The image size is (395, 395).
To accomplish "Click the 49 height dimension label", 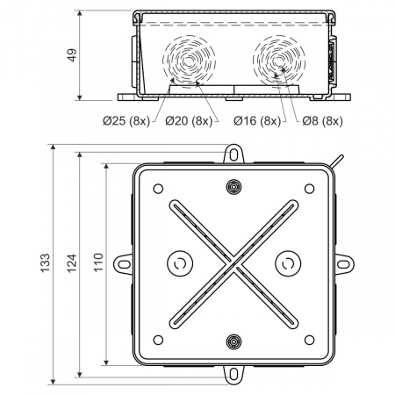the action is click(x=72, y=54).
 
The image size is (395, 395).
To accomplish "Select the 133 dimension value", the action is click(x=46, y=263).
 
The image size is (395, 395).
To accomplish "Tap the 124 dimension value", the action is click(x=72, y=263).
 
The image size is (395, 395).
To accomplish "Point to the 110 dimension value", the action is click(x=98, y=262).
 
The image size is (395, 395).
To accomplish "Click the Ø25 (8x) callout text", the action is click(x=126, y=120).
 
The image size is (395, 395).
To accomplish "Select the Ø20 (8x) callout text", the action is click(x=189, y=120).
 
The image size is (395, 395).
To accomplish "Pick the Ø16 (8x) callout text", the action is click(x=257, y=120).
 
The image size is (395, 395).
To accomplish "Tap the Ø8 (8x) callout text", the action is click(x=322, y=120).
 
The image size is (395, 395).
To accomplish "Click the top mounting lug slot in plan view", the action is click(x=233, y=154).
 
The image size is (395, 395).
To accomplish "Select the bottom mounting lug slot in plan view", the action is click(x=233, y=374).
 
